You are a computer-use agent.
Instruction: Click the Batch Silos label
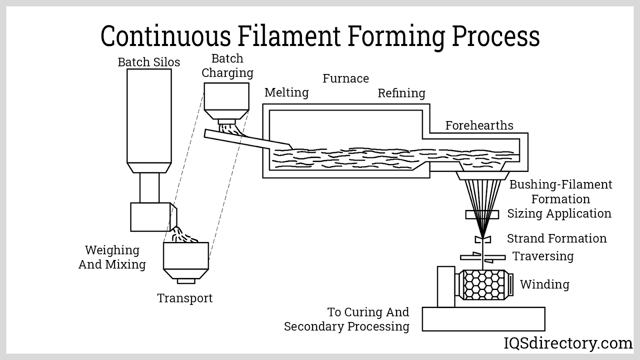pos(149,62)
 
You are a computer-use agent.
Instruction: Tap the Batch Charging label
pos(227,66)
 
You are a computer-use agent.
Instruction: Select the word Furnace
pos(346,78)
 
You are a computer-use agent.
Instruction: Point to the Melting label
pos(286,92)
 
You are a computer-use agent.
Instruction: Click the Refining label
pos(401,93)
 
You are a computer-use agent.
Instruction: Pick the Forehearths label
pos(479,126)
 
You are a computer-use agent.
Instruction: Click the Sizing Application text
pos(559,214)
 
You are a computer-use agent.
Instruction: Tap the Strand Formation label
pos(556,238)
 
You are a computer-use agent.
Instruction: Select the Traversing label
pos(543,256)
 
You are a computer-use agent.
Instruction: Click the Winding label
pos(544,284)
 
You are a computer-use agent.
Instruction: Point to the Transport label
pos(184,298)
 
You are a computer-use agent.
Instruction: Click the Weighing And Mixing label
pos(112,257)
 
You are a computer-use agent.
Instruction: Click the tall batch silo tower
pos(149,116)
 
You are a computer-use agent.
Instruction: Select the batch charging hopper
pos(226,98)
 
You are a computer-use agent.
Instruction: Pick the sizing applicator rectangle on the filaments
pos(482,215)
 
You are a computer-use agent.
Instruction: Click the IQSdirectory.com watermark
pos(568,343)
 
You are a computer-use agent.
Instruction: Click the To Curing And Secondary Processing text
pos(347,319)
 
